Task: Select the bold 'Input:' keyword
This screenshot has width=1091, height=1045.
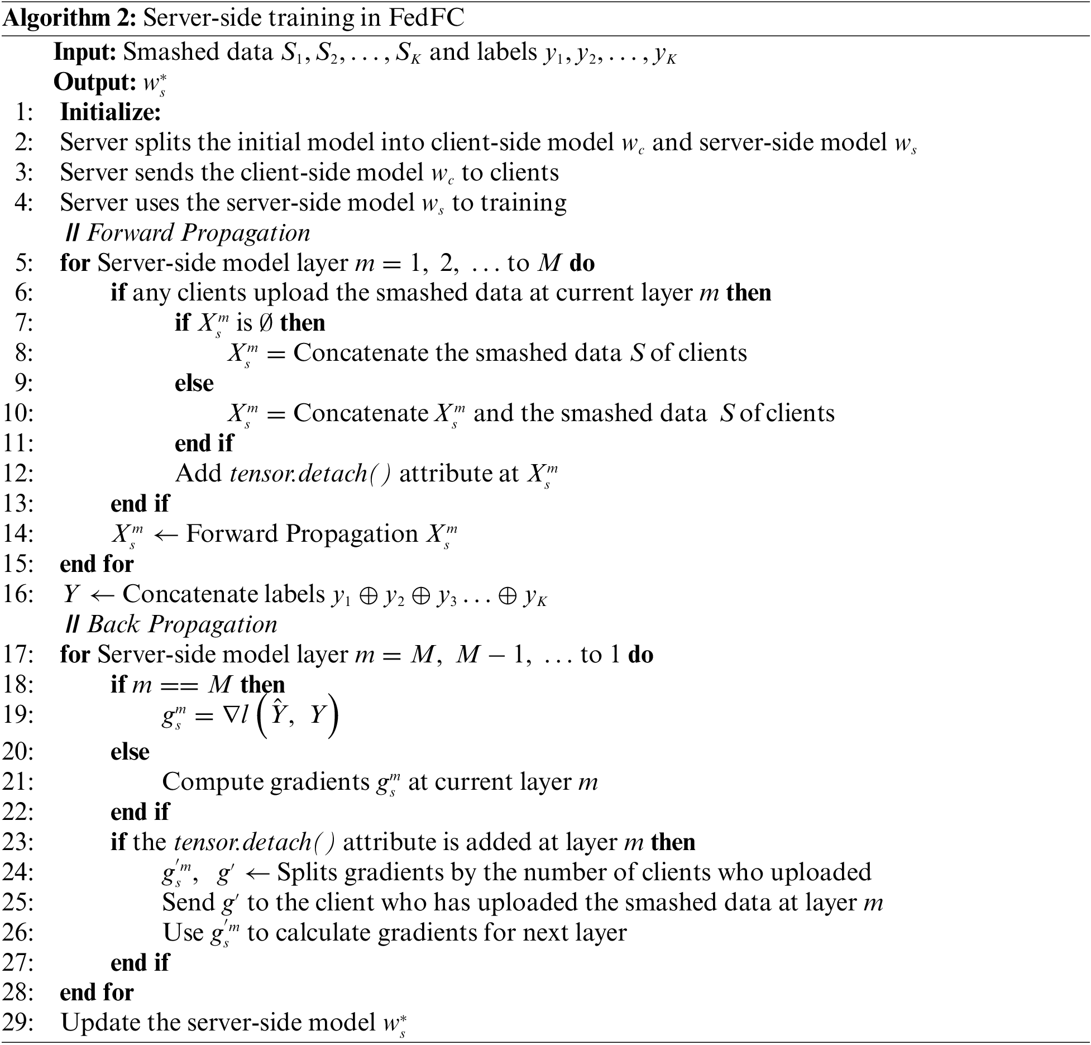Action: tap(85, 52)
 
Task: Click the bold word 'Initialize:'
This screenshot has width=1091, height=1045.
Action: tap(111, 112)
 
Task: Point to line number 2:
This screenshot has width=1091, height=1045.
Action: tap(24, 142)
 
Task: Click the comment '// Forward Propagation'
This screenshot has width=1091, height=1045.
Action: tap(188, 233)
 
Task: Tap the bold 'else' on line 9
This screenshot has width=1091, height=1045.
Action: tap(194, 384)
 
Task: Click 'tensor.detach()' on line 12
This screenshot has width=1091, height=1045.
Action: tap(310, 474)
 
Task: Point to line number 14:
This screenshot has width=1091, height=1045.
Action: tap(18, 534)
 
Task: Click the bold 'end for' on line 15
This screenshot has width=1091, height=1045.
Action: tap(97, 564)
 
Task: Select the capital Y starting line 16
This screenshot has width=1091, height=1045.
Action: tap(70, 594)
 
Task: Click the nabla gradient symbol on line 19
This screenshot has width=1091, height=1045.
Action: tap(231, 715)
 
